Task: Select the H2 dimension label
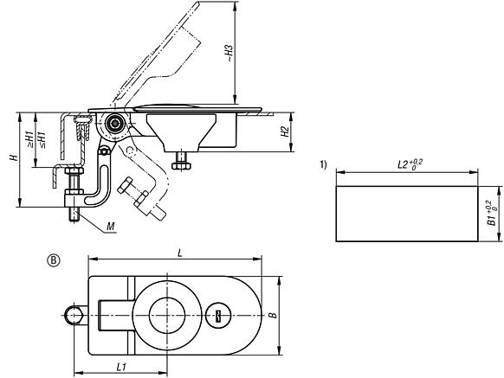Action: coord(284,132)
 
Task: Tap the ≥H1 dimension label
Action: coord(29,138)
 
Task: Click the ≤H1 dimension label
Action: coord(41,138)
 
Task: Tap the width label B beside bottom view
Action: coord(275,316)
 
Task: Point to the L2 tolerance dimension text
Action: coord(407,163)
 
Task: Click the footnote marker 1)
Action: coord(323,165)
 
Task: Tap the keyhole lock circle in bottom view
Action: coord(219,317)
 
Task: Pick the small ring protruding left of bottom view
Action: coord(73,317)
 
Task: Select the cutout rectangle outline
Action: coord(406,214)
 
